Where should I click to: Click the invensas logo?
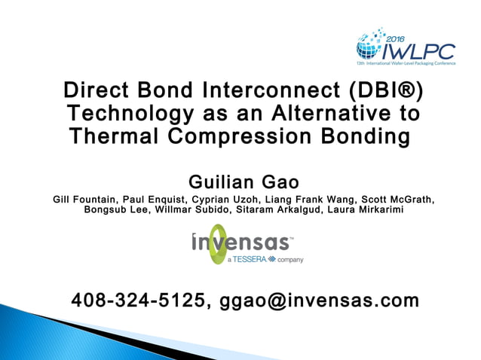pyautogui.click(x=241, y=243)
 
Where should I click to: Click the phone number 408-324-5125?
pyautogui.click(x=140, y=301)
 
